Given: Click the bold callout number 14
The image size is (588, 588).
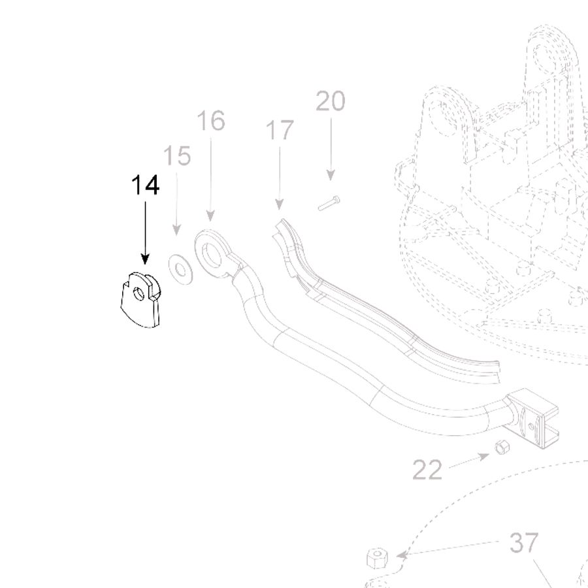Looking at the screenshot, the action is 146,186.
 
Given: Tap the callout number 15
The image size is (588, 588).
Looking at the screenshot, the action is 177,155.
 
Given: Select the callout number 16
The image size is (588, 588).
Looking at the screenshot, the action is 211,120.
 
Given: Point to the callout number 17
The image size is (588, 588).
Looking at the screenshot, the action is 280,130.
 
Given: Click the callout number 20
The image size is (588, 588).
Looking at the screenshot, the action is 331,101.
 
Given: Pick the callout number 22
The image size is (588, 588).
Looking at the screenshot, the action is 427,470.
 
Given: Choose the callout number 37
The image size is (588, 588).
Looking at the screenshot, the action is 524,543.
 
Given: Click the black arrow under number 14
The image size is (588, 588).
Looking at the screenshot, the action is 146,233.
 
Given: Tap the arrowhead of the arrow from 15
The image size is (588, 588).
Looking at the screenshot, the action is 176,230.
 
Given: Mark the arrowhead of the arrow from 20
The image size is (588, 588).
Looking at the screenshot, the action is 331,175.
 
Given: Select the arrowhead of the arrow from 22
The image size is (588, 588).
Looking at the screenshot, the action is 485,457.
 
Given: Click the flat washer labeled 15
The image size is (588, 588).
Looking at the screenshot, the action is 180,269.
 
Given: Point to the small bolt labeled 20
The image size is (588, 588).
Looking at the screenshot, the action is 329,203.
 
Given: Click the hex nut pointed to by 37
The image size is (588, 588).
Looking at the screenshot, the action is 377,558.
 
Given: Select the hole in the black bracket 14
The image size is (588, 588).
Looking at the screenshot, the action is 139,295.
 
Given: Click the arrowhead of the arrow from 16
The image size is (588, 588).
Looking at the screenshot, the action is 211,216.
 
